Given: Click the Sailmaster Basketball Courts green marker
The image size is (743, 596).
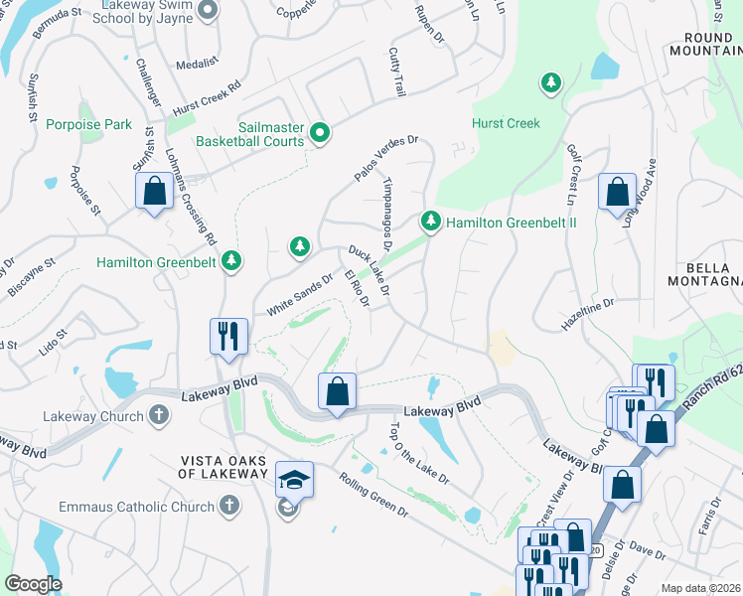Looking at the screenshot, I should point(319,132).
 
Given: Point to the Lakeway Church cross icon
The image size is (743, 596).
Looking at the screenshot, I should point(159,416).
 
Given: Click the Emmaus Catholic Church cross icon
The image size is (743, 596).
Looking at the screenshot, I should point(228,507).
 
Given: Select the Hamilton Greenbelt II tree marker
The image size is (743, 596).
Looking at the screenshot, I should point(430,221).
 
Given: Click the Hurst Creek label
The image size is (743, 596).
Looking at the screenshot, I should point(506,124).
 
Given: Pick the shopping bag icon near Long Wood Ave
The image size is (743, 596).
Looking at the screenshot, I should point(617,191).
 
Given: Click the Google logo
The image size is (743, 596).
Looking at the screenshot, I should point(33,583).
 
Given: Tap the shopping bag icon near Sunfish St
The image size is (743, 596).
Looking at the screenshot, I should point(154,192).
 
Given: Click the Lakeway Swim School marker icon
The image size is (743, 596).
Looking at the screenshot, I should point(207,10).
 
